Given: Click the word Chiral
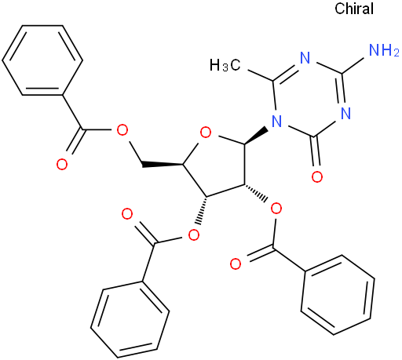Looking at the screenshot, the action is (x=354, y=9).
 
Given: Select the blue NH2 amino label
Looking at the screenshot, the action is (x=384, y=50).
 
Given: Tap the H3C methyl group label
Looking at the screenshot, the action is (x=225, y=65).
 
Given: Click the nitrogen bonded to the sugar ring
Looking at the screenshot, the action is (x=276, y=122).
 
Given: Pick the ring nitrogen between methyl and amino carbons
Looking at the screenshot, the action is (x=305, y=57).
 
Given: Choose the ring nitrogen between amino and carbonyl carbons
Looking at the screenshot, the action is (x=345, y=114).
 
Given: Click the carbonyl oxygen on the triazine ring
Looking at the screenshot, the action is (x=317, y=176).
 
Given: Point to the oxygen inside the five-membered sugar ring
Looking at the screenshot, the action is (x=206, y=133).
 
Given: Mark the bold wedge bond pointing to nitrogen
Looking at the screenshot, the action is (x=256, y=136).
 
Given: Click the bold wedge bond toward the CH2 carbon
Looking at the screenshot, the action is (x=163, y=165).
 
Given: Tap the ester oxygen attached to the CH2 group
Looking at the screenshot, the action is (x=122, y=130).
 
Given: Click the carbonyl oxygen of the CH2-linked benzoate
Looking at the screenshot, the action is (x=62, y=164).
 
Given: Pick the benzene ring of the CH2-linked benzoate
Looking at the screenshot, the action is (x=42, y=60).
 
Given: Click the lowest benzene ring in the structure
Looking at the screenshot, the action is (x=130, y=319).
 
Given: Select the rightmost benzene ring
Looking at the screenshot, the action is (x=338, y=295).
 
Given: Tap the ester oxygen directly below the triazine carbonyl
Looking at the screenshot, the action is (x=276, y=209).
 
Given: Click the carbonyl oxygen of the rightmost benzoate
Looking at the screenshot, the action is (x=236, y=264).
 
